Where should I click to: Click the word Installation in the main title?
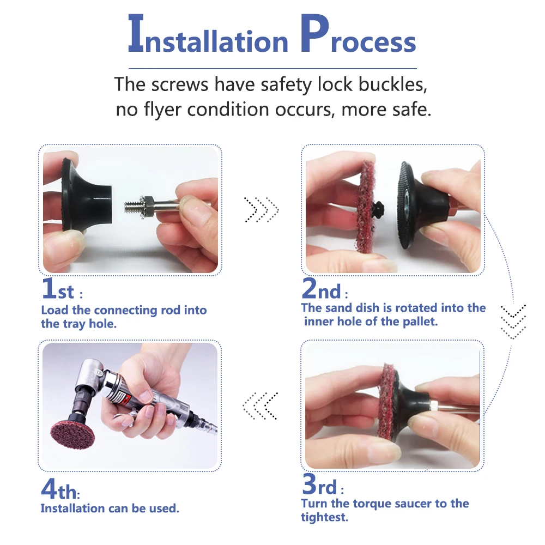208,34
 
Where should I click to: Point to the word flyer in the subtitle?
162,110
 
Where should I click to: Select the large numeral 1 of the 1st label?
49,288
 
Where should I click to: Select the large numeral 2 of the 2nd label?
310,288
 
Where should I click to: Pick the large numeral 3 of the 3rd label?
309,483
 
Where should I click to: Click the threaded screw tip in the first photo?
132,208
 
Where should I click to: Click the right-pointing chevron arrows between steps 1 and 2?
262,210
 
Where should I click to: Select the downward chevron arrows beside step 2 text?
513,322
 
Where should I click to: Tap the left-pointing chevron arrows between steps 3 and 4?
261,405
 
